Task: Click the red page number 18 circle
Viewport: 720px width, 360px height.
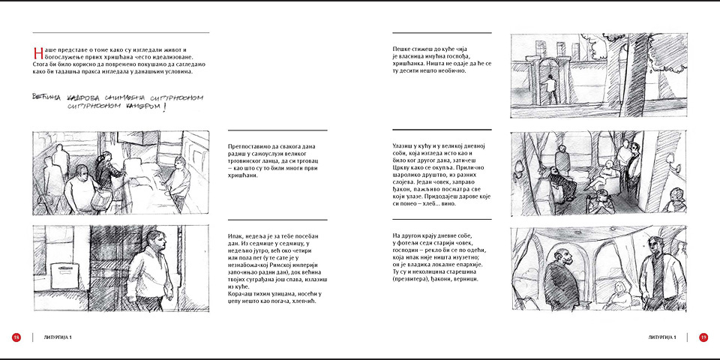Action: coord(16,337)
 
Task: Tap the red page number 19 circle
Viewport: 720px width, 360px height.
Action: coord(703,337)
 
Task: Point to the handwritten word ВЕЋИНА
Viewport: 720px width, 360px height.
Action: coord(49,97)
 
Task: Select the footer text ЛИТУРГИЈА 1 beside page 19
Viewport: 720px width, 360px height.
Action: coord(663,337)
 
